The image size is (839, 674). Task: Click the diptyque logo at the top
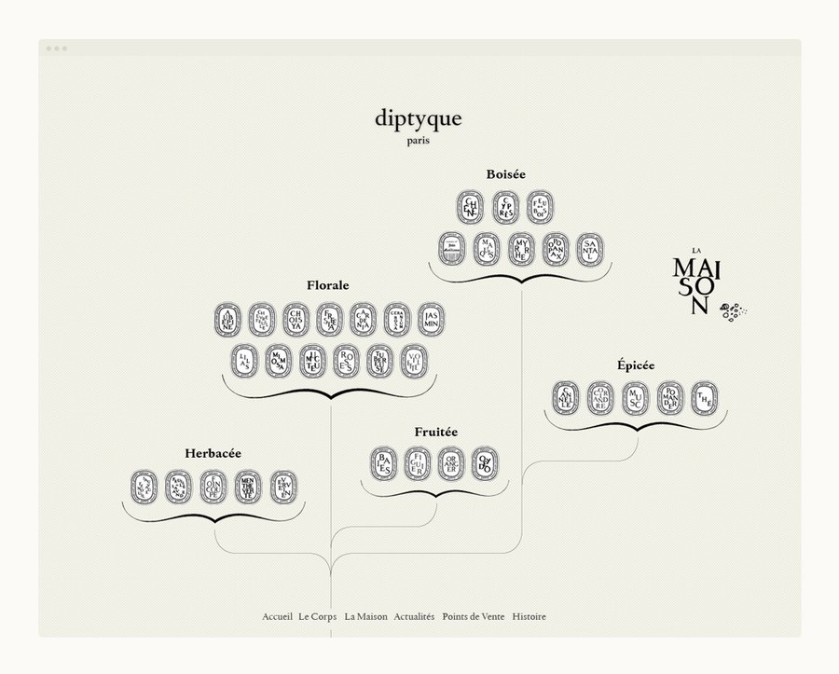pos(419,120)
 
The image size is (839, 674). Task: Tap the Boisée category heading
pos(506,174)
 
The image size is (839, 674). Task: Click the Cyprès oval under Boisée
pos(506,207)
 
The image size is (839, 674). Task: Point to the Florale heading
pos(328,285)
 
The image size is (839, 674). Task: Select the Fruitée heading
pos(436,433)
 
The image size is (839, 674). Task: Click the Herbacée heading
pos(213,453)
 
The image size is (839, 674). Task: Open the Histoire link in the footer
pos(530,617)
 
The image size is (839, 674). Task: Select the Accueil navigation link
pos(278,617)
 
